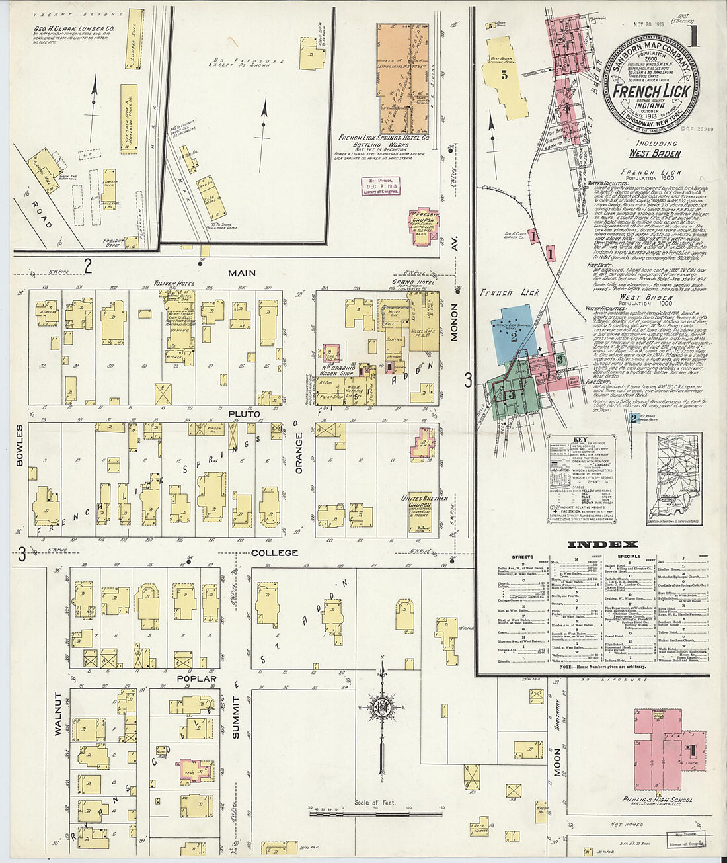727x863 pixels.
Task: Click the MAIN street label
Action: pos(241,273)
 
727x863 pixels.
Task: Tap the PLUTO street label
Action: pos(244,414)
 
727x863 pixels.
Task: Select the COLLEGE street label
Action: pos(274,553)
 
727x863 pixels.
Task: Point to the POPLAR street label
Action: pos(196,679)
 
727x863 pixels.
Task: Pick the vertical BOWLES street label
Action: pos(19,446)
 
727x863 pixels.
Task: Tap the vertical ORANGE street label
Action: pos(298,453)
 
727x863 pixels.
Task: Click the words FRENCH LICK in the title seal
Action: pos(651,91)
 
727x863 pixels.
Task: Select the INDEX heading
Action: pos(603,544)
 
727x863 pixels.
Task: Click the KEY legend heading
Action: pos(580,439)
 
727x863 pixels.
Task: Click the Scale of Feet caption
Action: pos(375,803)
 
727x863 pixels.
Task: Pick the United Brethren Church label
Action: pos(424,501)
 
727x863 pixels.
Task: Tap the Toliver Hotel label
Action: pos(174,284)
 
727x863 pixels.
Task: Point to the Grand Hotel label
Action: pos(412,283)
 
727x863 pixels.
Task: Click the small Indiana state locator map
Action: pos(673,478)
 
